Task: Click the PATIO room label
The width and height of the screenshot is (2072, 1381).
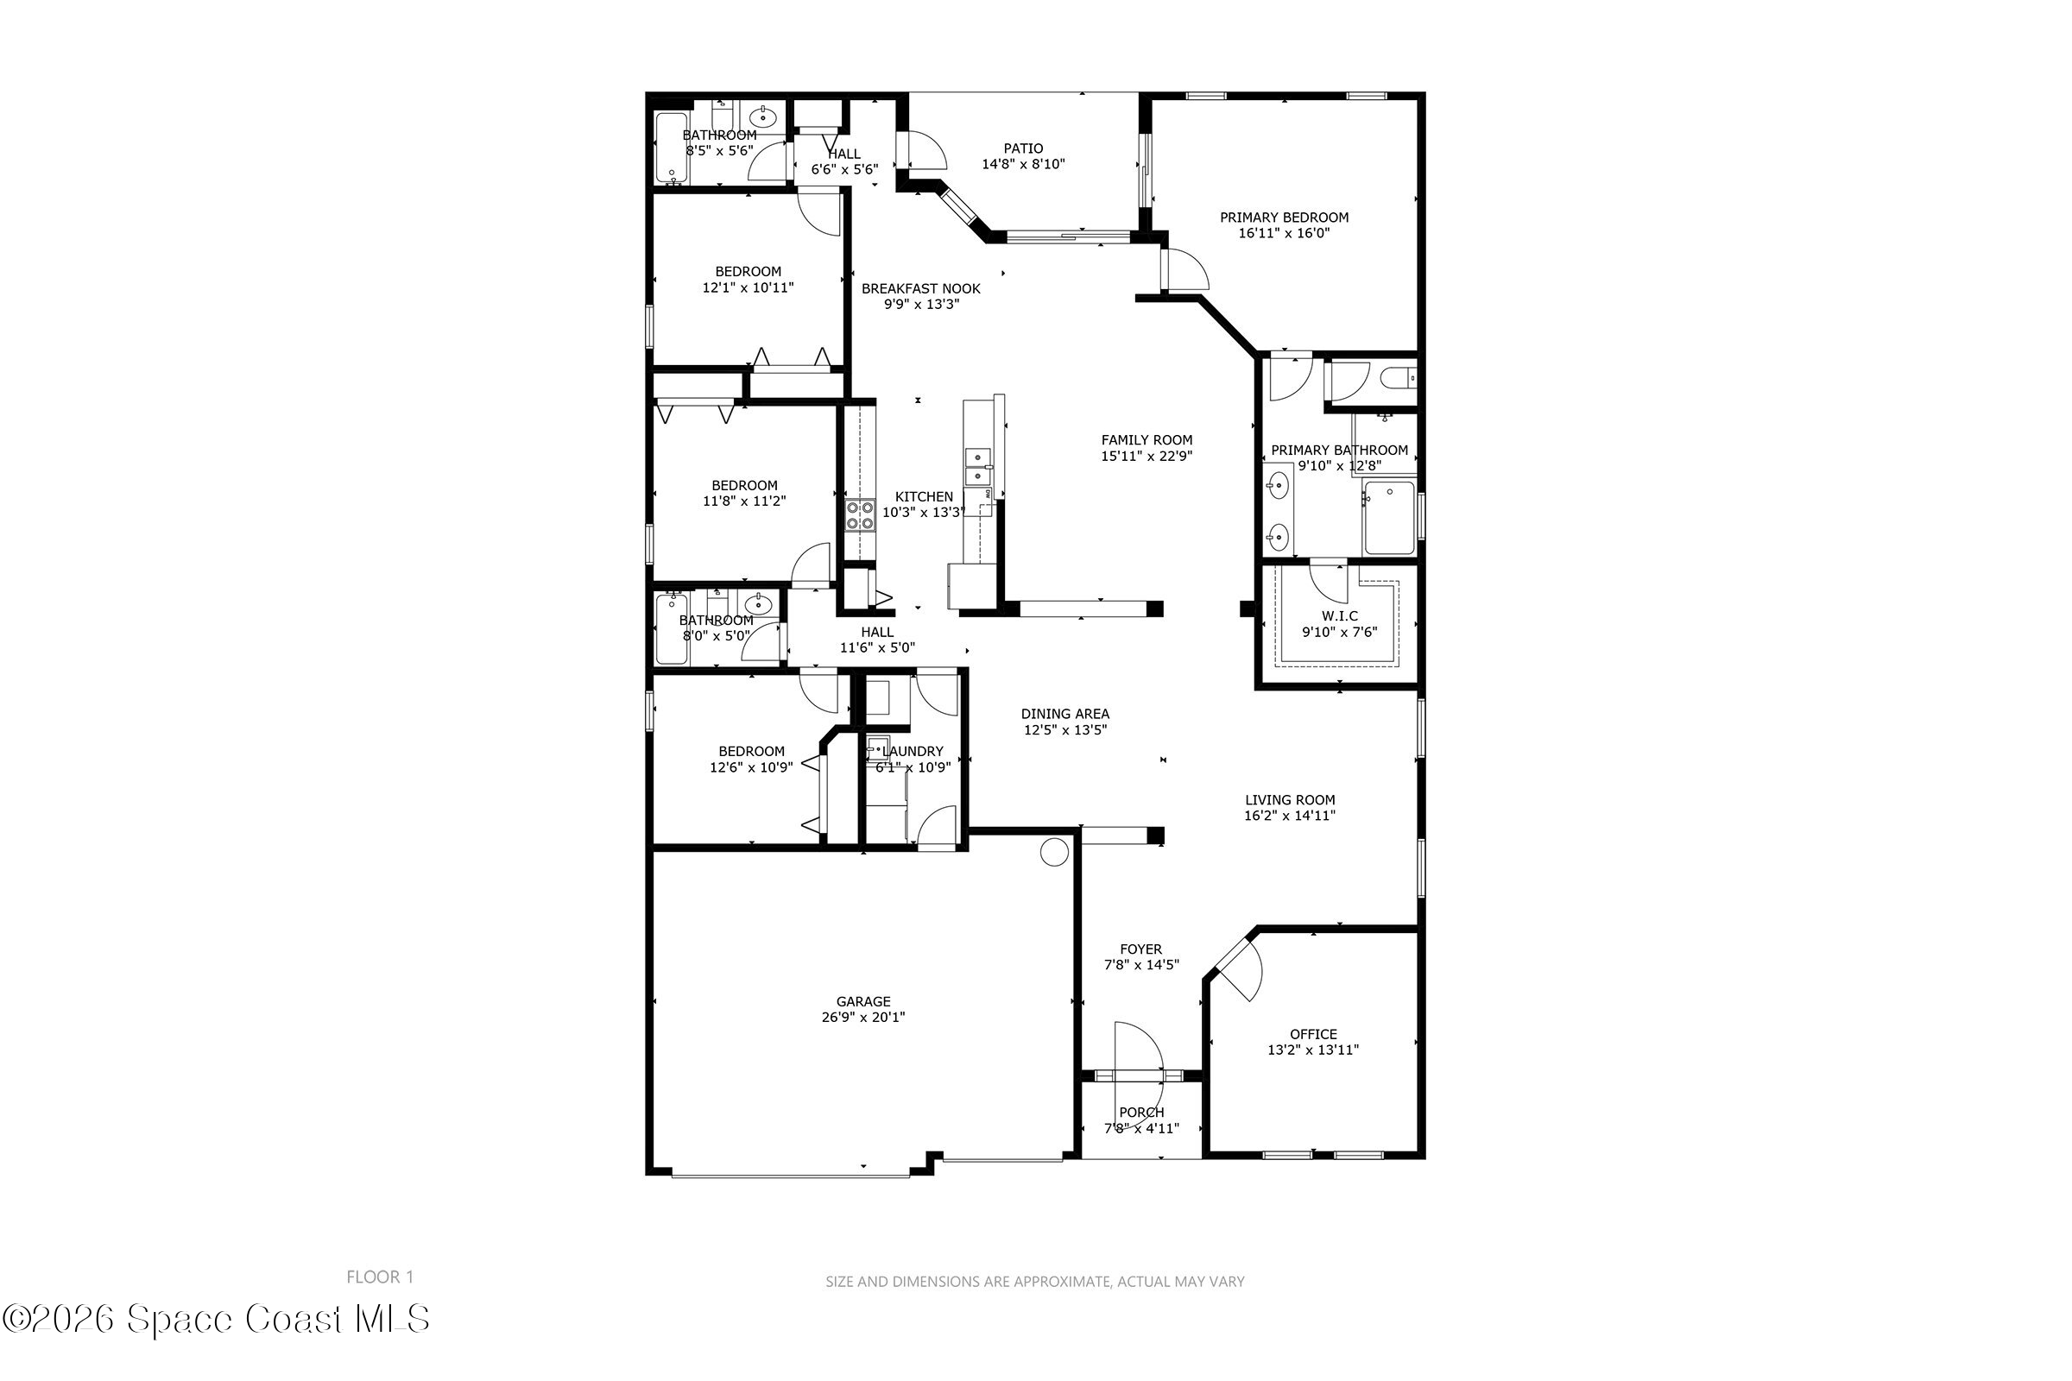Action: click(1023, 148)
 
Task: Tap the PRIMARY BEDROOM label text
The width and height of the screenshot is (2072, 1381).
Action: click(1284, 218)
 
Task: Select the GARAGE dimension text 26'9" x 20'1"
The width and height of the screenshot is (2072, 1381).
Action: click(863, 1018)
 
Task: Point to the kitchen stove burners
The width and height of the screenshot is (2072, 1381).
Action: click(860, 515)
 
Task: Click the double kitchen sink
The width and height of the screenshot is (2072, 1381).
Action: click(977, 467)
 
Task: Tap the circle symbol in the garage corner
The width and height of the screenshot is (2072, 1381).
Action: click(1054, 852)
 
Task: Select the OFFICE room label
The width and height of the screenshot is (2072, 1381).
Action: click(1313, 1034)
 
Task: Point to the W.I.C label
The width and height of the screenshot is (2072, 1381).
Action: click(1339, 616)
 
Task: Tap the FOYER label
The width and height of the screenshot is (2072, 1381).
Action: click(1140, 949)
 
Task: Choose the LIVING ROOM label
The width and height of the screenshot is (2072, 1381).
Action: click(1290, 800)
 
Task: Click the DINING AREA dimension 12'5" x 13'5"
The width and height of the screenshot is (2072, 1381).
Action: click(1065, 730)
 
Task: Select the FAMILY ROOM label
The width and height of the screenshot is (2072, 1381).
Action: click(1147, 440)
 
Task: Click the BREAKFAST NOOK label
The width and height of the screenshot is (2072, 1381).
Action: click(920, 289)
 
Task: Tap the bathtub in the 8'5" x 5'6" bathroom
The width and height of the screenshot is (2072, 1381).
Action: click(673, 148)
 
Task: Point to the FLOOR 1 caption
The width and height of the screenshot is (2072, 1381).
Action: click(380, 1277)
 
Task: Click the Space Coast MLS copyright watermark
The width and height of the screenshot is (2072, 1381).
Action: click(216, 1320)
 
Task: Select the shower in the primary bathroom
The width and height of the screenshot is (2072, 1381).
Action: click(1389, 518)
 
